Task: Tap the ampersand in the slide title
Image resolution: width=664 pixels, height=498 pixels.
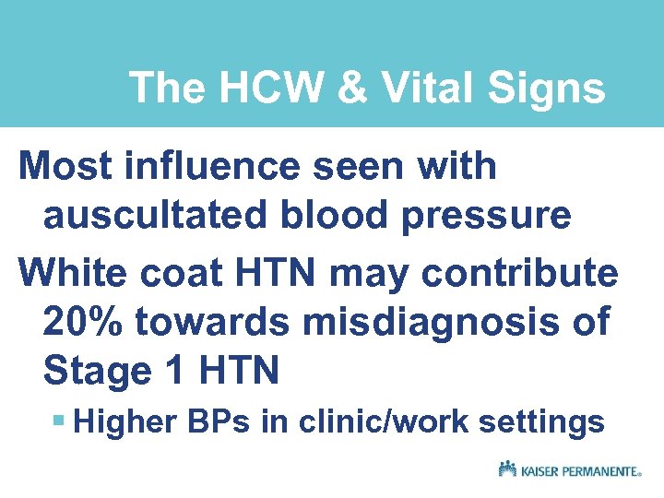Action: click(x=341, y=89)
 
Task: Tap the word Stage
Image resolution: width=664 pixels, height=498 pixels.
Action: click(x=96, y=371)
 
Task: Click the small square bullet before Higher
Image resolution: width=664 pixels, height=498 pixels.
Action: click(x=58, y=422)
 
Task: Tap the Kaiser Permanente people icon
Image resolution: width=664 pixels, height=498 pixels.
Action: click(x=506, y=468)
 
